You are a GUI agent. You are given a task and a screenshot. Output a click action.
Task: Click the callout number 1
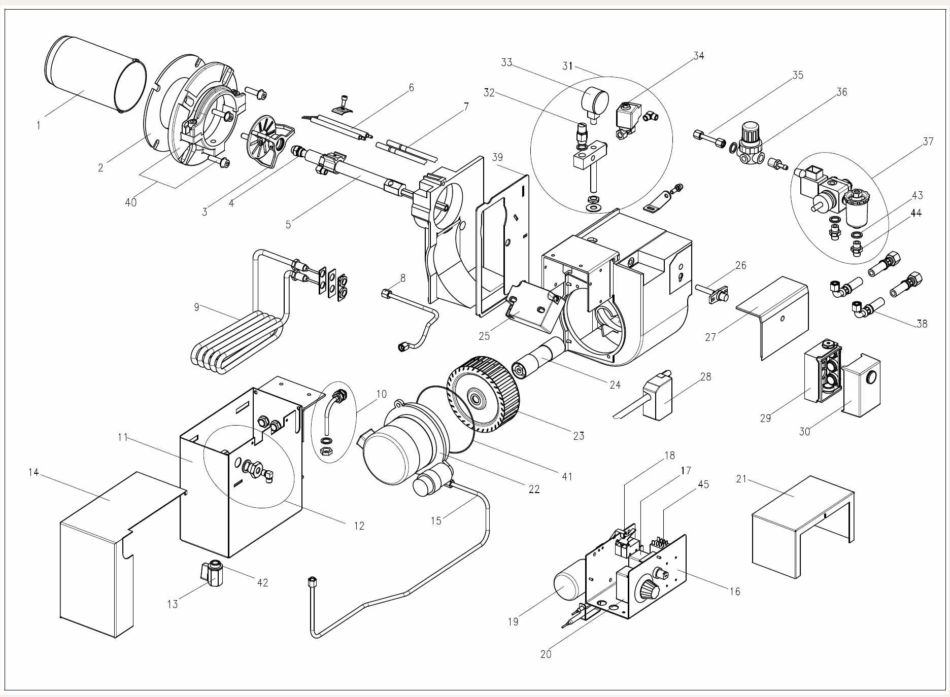click(x=39, y=125)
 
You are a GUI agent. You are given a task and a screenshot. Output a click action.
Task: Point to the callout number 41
click(x=567, y=476)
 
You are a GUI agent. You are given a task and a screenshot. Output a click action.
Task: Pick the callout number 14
click(x=33, y=473)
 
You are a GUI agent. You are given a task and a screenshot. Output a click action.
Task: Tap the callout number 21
click(x=741, y=478)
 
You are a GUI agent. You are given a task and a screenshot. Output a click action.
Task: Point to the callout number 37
click(x=928, y=142)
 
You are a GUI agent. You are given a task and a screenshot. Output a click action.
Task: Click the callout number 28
click(x=705, y=377)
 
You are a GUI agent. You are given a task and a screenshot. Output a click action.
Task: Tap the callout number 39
click(x=497, y=157)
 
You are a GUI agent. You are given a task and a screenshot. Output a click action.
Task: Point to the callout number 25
click(x=484, y=336)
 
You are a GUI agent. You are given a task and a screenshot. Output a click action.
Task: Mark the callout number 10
click(x=382, y=394)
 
